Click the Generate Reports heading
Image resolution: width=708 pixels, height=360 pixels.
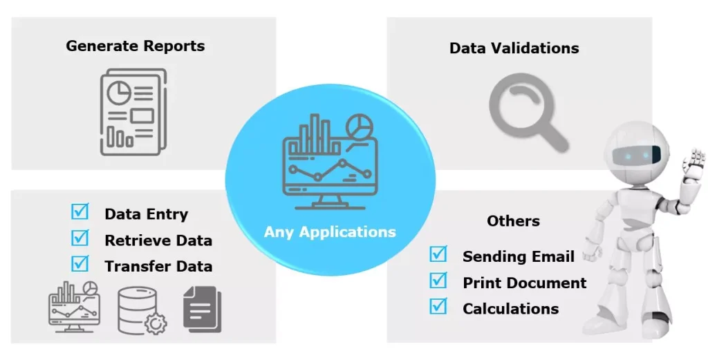click(x=136, y=46)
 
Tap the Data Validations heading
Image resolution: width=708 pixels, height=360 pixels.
click(x=514, y=48)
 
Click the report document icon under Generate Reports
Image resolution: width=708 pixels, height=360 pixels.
click(x=133, y=111)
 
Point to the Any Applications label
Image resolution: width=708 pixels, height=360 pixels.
click(x=330, y=231)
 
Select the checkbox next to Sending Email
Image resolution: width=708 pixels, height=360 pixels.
click(x=438, y=254)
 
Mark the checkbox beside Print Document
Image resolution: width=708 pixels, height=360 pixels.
click(x=438, y=281)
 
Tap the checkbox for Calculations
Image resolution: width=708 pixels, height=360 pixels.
click(x=438, y=306)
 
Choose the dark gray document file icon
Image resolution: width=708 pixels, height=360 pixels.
click(x=203, y=310)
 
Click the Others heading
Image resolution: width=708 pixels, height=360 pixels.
click(x=513, y=221)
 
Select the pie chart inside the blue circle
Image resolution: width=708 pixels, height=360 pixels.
click(x=358, y=126)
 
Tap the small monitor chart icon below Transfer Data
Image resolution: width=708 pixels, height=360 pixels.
click(x=74, y=305)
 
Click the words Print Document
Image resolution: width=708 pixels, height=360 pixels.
click(x=524, y=283)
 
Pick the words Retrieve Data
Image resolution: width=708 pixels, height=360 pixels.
click(x=158, y=240)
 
